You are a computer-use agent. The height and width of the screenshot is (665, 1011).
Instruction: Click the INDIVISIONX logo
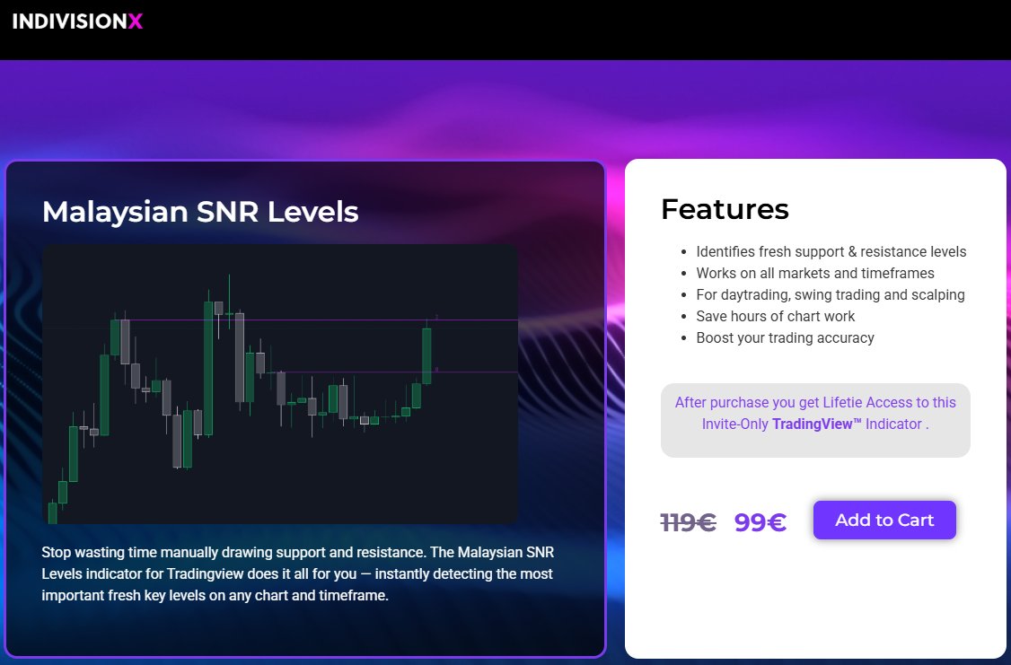pyautogui.click(x=77, y=21)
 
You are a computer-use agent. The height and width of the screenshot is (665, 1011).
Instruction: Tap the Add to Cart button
pyautogui.click(x=884, y=521)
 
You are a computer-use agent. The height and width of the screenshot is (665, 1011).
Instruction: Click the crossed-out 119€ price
pyautogui.click(x=688, y=522)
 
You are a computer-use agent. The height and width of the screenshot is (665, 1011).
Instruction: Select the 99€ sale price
pyautogui.click(x=760, y=522)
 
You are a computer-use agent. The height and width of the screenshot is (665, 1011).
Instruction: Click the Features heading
pyautogui.click(x=725, y=209)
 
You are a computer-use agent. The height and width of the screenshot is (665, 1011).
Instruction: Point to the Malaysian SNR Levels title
pyautogui.click(x=200, y=212)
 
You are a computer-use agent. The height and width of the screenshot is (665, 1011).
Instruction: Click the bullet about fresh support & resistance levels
pyautogui.click(x=831, y=252)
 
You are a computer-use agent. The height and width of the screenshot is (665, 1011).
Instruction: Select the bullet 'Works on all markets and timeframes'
pyautogui.click(x=814, y=274)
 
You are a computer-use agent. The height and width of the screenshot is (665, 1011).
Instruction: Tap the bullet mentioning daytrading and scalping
pyautogui.click(x=830, y=295)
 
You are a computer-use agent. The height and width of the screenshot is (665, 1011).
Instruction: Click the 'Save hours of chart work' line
pyautogui.click(x=775, y=317)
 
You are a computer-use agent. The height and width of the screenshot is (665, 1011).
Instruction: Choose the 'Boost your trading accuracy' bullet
pyautogui.click(x=785, y=338)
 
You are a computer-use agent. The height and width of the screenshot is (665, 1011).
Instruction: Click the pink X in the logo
pyautogui.click(x=136, y=21)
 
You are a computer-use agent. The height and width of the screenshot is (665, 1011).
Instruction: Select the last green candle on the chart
pyautogui.click(x=426, y=355)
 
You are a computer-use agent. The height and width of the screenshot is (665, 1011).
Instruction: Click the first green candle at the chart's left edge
pyautogui.click(x=52, y=512)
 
